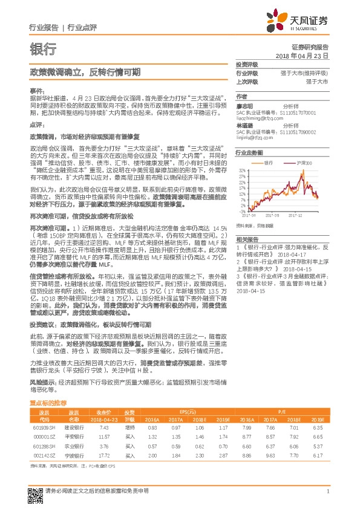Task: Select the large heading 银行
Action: [42, 49]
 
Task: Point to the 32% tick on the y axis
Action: [241, 171]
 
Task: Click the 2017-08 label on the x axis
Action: [272, 214]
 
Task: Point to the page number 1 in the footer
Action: [327, 490]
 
